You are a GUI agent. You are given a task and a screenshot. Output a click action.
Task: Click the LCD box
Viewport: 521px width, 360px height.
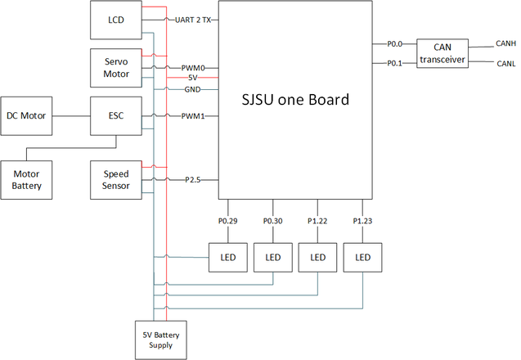point(116,20)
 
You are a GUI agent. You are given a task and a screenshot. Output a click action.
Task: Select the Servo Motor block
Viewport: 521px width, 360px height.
point(116,68)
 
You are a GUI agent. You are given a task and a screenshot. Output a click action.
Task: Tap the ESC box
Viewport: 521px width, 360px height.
point(116,115)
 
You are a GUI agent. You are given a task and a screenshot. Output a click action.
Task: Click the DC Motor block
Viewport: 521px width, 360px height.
point(26,115)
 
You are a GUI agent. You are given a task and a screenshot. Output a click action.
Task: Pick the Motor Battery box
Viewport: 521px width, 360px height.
point(26,180)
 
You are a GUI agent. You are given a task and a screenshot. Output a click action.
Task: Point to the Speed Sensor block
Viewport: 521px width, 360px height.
point(116,180)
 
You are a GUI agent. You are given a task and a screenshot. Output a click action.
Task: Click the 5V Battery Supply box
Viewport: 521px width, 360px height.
point(161,340)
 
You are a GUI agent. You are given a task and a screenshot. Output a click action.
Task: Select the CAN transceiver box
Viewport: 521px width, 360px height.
point(442,53)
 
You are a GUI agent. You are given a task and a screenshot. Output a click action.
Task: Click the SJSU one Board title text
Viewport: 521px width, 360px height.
point(295,99)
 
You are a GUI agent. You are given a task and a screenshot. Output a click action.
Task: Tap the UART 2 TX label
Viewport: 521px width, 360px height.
point(193,20)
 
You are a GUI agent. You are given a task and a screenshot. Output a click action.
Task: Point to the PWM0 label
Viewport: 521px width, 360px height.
point(193,68)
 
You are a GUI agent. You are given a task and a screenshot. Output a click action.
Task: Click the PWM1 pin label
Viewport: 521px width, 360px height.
point(193,116)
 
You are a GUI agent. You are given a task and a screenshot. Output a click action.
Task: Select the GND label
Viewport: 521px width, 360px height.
point(193,89)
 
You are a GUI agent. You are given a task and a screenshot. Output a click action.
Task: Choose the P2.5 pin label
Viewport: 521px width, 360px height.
point(193,180)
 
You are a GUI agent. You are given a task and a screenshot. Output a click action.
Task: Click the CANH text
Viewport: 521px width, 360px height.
point(505,43)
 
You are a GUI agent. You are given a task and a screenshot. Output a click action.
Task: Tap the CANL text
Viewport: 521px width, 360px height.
point(506,64)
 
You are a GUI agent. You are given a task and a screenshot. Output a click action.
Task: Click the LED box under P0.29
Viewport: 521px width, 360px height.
point(228,257)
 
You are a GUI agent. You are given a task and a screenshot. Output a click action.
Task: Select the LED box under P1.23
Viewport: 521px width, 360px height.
point(362,257)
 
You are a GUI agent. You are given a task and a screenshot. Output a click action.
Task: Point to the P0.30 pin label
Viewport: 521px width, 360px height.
point(273,221)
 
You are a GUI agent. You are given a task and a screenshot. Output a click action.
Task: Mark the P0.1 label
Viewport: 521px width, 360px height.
point(395,63)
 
